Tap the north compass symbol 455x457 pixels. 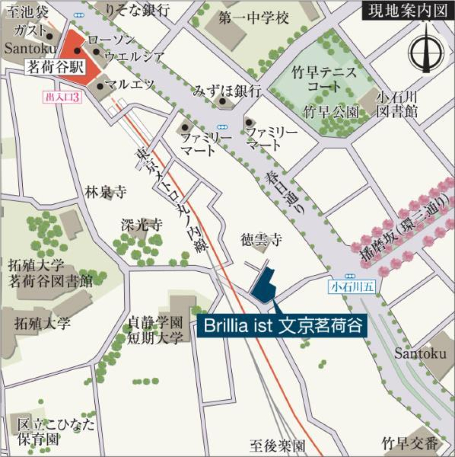426,50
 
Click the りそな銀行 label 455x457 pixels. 138,10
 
